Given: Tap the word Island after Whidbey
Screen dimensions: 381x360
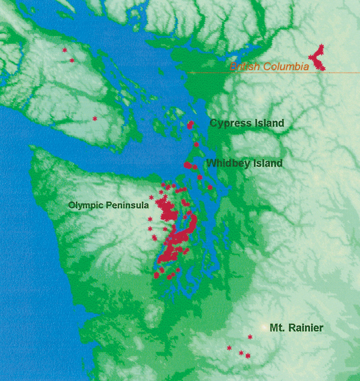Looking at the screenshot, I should pos(267,163).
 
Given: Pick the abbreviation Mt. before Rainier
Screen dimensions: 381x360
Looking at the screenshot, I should pos(276,328).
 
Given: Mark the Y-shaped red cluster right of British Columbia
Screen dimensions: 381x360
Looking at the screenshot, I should pos(318,58).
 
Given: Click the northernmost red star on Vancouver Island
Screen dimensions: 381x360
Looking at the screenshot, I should pos(65,50).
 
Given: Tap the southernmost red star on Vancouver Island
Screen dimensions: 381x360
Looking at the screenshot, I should pos(94,119).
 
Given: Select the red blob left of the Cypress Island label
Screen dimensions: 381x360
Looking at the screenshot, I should pos(191,125).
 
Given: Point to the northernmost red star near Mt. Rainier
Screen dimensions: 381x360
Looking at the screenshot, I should pos(250,337).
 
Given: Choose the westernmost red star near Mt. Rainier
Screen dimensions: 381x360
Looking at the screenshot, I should pos(229,348).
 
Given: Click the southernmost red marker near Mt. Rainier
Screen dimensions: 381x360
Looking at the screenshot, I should pos(247,356).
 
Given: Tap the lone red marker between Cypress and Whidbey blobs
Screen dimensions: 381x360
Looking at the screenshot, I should pos(197,144).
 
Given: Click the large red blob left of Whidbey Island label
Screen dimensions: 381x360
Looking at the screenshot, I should pos(188,165).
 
